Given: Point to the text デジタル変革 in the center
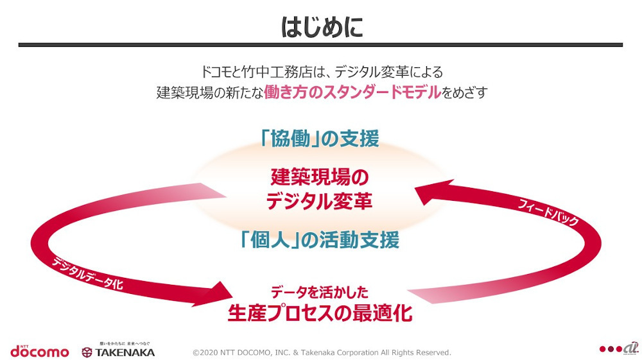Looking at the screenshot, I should (320, 201).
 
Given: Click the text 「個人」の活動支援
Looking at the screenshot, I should (320, 239).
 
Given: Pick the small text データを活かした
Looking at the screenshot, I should (319, 293).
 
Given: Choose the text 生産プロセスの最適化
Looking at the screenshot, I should (319, 314).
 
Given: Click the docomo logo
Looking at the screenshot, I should (39, 351).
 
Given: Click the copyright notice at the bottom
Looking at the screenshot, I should (322, 352).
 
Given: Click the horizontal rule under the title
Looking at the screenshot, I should (321, 45).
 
